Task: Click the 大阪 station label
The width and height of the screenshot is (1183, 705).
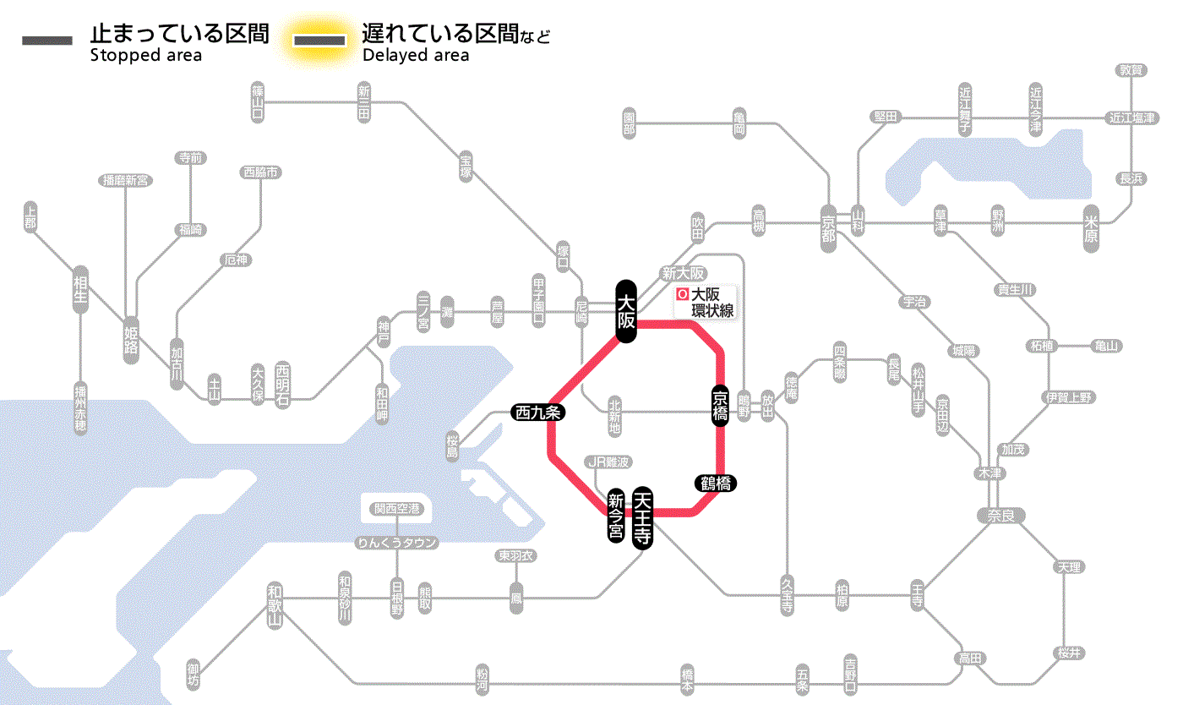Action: point(625,311)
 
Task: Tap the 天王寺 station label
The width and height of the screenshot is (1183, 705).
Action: point(643,519)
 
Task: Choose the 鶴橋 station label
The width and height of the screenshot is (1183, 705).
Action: point(715,484)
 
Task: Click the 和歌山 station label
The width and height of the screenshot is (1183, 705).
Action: point(275,604)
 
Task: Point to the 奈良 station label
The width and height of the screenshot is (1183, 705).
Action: point(1000,515)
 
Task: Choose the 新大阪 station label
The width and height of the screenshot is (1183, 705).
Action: point(684,273)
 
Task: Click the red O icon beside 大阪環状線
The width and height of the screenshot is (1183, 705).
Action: point(683,295)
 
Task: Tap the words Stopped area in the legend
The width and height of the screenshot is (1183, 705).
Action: point(145,56)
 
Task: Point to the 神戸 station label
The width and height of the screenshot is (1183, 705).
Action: point(384,333)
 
